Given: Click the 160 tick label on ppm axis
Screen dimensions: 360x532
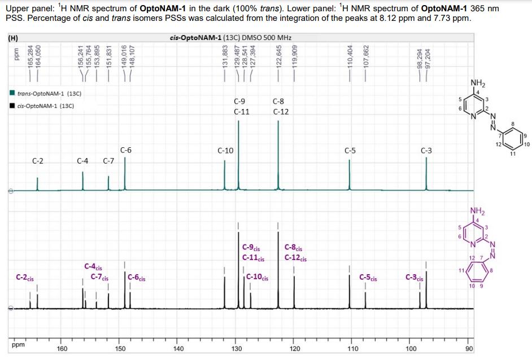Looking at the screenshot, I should [x=62, y=349].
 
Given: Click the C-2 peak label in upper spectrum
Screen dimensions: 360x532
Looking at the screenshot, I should [x=38, y=161].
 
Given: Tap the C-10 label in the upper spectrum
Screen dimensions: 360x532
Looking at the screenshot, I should [x=225, y=151].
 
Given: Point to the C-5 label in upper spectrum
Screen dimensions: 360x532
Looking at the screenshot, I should [x=350, y=151].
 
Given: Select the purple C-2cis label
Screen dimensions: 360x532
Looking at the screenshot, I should [x=25, y=278].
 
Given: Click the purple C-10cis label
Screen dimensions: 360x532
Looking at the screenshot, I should [x=258, y=277].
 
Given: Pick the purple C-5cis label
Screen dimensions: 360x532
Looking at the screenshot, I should [x=369, y=277].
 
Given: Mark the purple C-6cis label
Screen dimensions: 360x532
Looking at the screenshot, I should [x=137, y=277].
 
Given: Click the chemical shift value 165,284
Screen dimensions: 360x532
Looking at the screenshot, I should [x=31, y=58].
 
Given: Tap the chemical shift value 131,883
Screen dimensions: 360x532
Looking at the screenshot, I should [x=225, y=58].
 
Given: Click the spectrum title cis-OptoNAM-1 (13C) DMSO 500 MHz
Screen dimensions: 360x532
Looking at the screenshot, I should [x=230, y=38].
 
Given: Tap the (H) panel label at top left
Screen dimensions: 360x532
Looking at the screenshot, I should [x=12, y=38].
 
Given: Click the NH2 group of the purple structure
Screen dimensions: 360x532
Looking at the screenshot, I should [x=477, y=212].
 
